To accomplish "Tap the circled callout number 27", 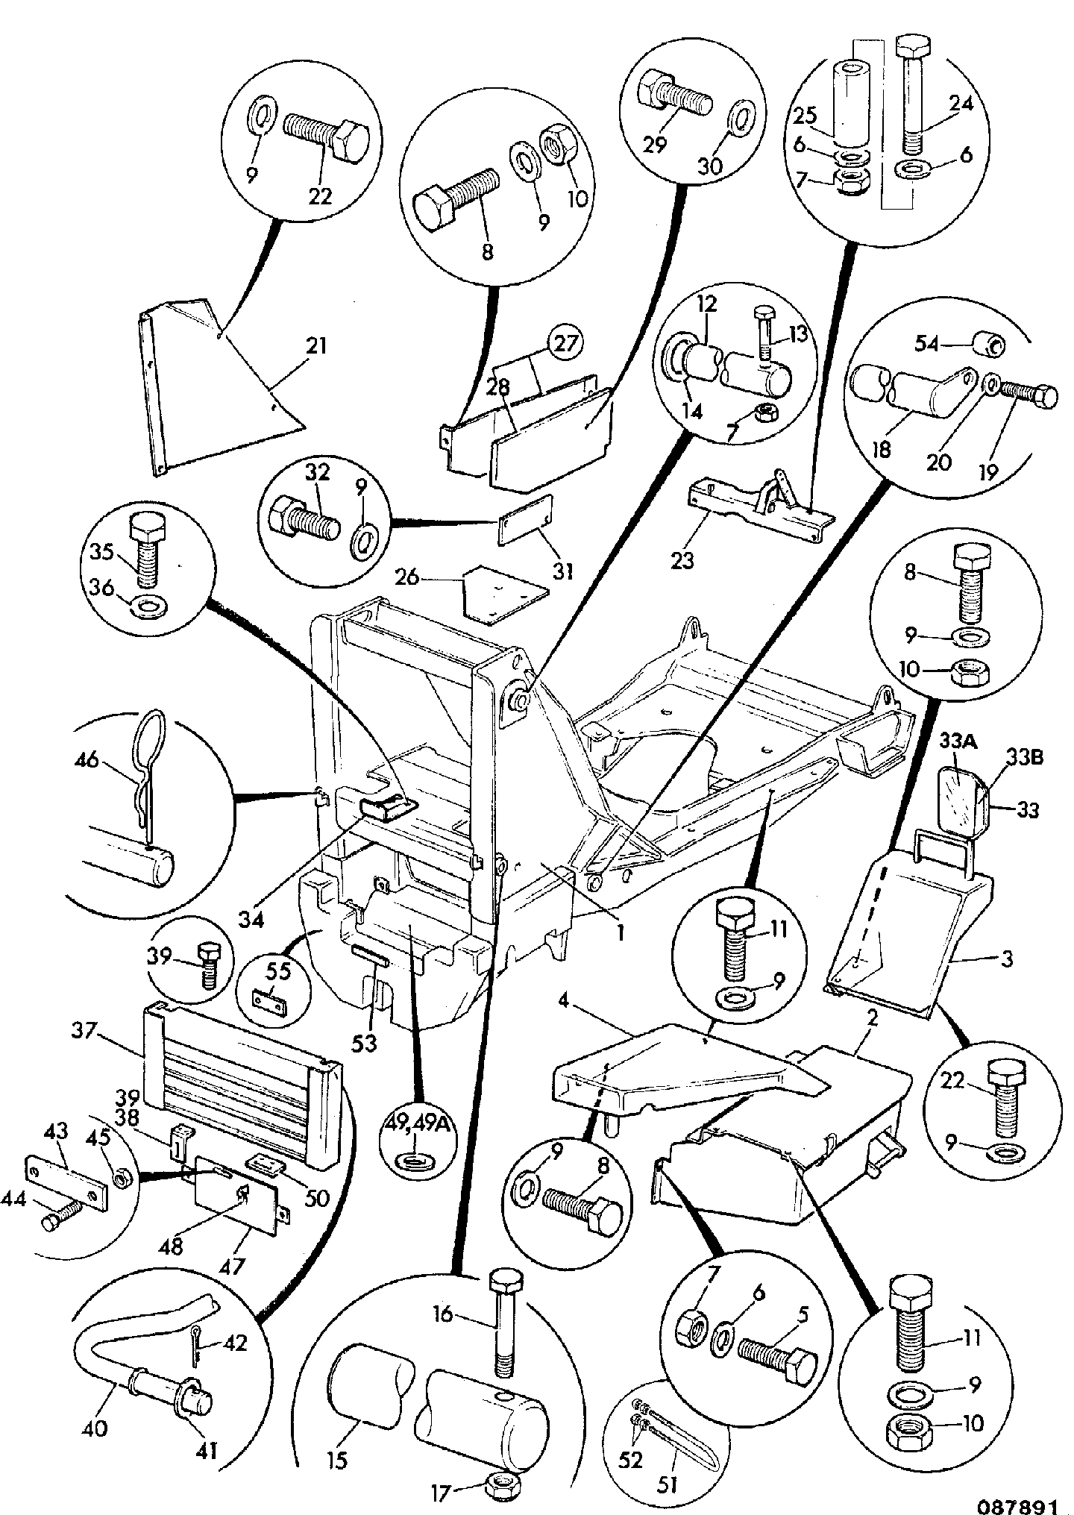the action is (565, 344).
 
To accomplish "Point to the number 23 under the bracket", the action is (682, 560).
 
